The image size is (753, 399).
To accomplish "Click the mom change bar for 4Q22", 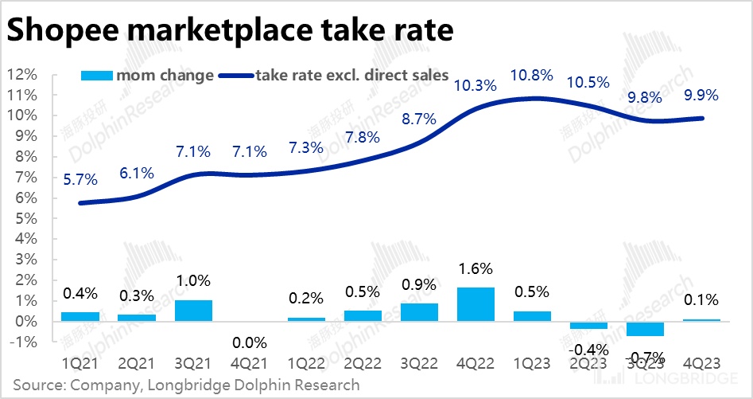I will tap(475, 304).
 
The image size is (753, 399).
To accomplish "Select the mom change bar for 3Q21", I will tap(193, 311).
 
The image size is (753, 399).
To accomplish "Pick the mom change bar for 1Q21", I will tap(80, 316).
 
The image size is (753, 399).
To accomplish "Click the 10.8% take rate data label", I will tap(532, 76).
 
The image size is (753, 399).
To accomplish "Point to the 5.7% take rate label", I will tap(80, 181).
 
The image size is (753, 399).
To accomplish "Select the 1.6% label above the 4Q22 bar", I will tap(475, 268).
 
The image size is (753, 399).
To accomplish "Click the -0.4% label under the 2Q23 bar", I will tap(589, 349).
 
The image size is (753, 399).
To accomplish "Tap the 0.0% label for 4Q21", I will tap(250, 343).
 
